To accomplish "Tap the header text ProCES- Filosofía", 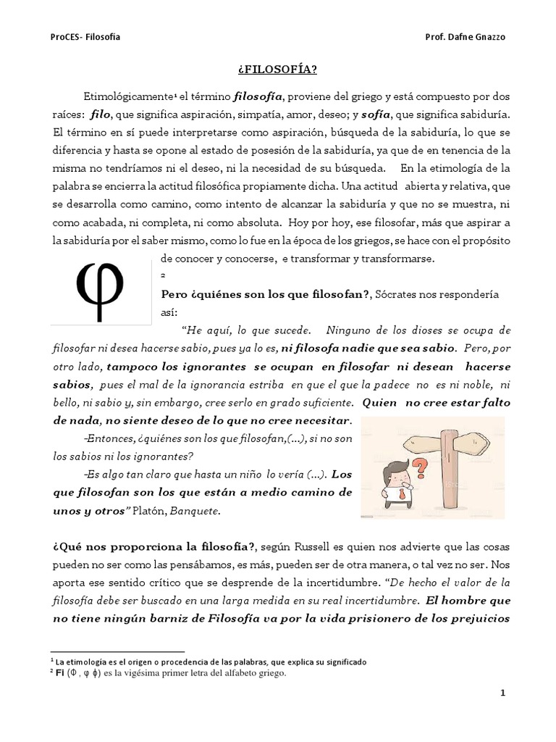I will (80, 37).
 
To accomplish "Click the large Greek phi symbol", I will (101, 287).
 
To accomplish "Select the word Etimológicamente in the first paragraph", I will (128, 97).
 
